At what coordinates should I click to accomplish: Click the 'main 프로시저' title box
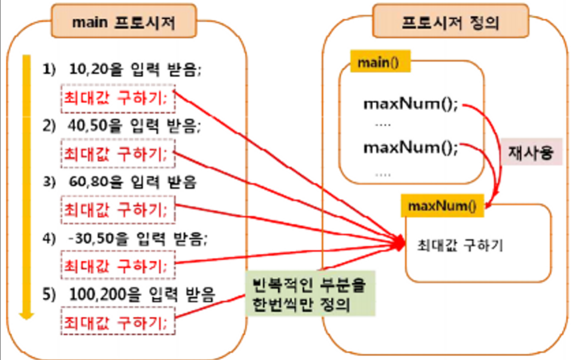[x=123, y=22]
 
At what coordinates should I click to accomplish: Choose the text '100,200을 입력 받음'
[x=141, y=294]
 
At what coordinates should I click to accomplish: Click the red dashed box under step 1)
[x=117, y=98]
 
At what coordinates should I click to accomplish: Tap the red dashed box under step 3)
[x=117, y=210]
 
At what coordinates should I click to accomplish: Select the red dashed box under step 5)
[x=117, y=322]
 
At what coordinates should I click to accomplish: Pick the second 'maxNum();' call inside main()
[x=410, y=147]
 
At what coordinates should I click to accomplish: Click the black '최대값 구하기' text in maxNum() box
[x=459, y=245]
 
